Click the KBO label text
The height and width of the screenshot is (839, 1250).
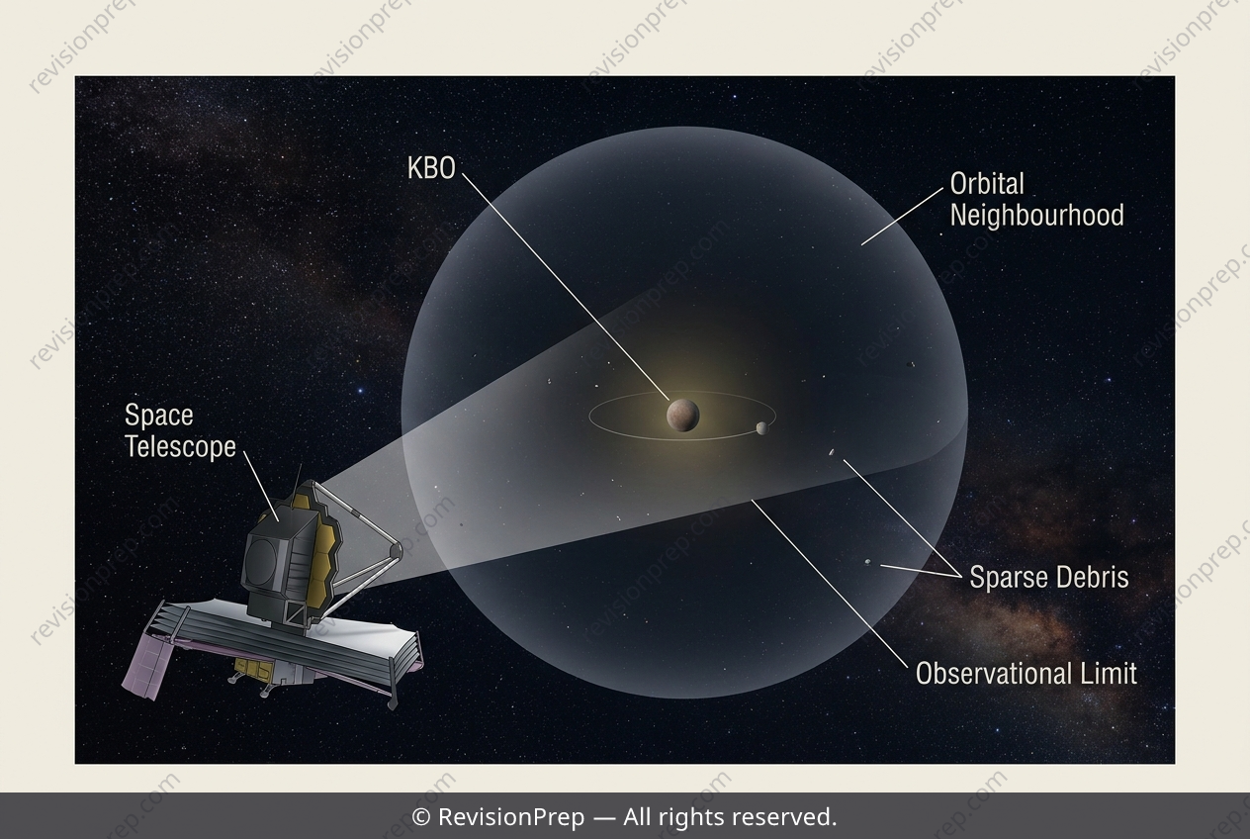click(431, 168)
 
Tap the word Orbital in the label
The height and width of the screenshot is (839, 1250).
click(987, 184)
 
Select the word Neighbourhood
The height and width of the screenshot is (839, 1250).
click(1036, 216)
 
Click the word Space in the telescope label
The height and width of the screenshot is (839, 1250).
click(159, 416)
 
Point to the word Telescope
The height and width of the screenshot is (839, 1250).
click(180, 446)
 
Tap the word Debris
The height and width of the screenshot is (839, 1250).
click(1091, 577)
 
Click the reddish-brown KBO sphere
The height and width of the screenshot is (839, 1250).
click(682, 416)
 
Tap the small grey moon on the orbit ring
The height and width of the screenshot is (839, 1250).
click(761, 428)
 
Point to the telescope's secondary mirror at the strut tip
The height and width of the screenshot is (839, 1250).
click(396, 550)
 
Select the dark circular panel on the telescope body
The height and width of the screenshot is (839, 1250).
click(261, 559)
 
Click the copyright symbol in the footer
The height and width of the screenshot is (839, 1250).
click(420, 817)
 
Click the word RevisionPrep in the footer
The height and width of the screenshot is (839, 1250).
click(511, 817)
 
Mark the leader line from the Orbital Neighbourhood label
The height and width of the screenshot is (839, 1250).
click(902, 217)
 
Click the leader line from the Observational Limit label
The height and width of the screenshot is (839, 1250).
click(830, 584)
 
